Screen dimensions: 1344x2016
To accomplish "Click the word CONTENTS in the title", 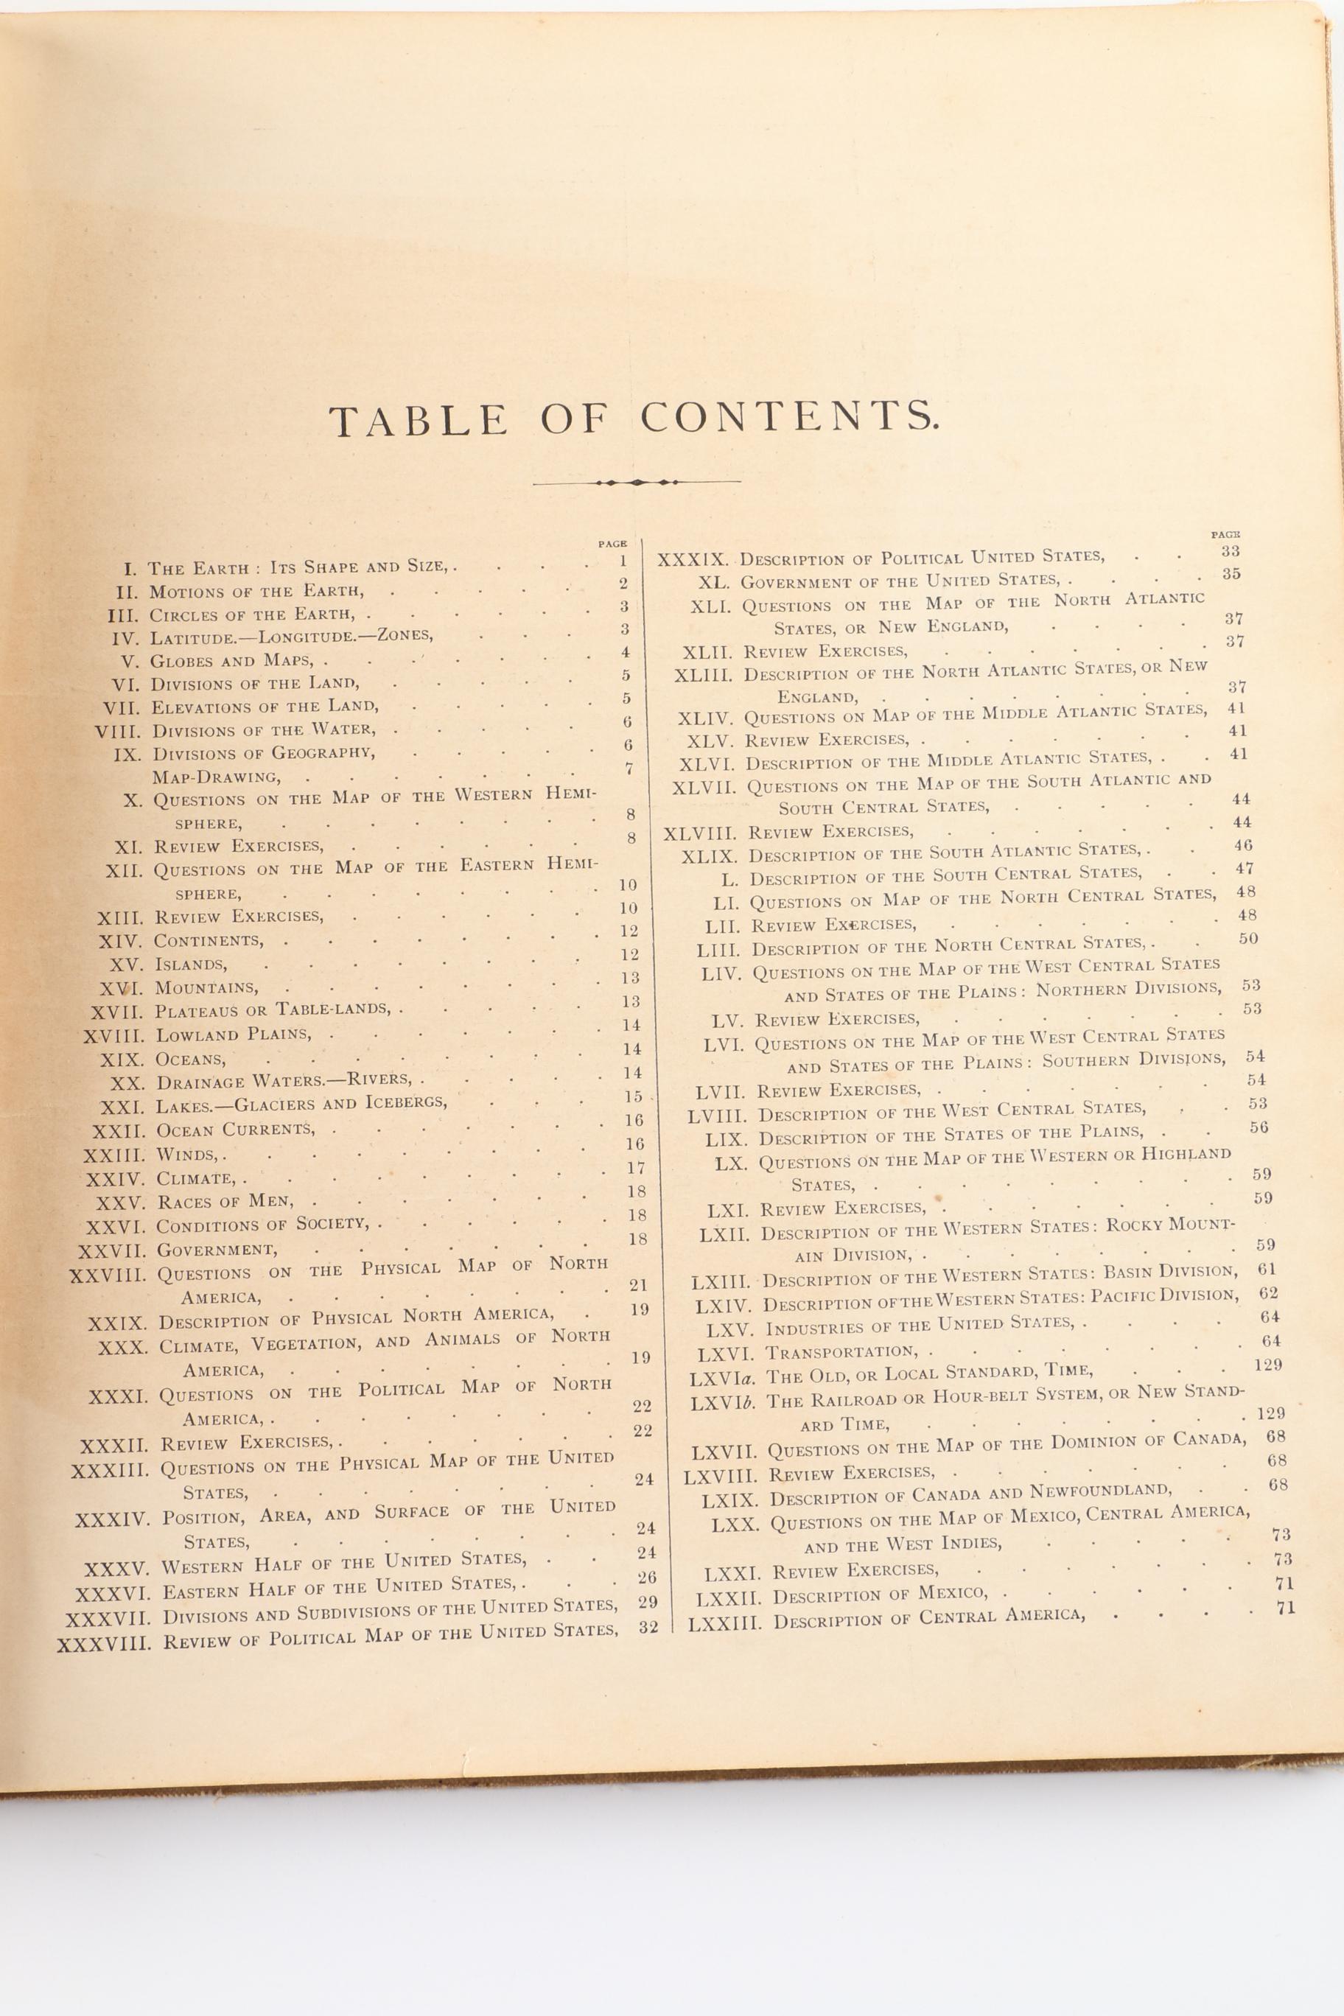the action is pyautogui.click(x=789, y=418).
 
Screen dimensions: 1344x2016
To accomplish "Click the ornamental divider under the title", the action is pyautogui.click(x=636, y=483).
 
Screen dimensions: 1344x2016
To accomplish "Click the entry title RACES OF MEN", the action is pyautogui.click(x=226, y=1202).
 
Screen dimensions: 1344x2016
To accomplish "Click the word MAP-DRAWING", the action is pyautogui.click(x=216, y=777).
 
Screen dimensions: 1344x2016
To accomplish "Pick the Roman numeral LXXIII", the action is pyautogui.click(x=724, y=1623).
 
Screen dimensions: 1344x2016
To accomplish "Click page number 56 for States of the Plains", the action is pyautogui.click(x=1259, y=1127).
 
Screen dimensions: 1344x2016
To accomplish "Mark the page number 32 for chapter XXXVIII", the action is pyautogui.click(x=648, y=1626).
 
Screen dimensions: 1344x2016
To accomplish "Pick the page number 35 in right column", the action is pyautogui.click(x=1231, y=574).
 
